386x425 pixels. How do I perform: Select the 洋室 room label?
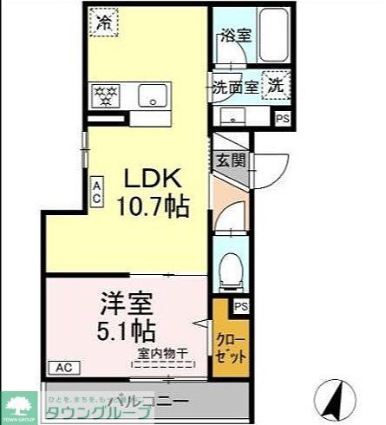[125, 305]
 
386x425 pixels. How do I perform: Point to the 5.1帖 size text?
[125, 331]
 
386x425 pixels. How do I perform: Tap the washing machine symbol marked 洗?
[275, 85]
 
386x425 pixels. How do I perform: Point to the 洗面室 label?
[234, 87]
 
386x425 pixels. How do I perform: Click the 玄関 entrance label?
[230, 160]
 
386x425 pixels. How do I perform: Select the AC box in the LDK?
[97, 190]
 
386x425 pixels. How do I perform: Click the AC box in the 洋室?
[62, 368]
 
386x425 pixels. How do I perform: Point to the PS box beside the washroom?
[282, 118]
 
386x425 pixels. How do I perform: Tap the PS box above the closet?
[240, 306]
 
